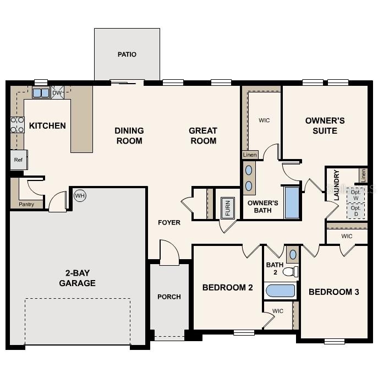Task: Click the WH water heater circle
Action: click(x=80, y=195)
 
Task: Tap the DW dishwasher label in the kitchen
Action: click(x=57, y=92)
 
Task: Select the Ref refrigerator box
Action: click(x=18, y=160)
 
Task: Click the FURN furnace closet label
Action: click(x=226, y=208)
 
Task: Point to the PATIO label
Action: click(x=127, y=54)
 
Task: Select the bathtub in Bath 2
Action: click(x=280, y=289)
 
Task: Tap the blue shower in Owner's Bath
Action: click(x=291, y=203)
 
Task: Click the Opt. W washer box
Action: click(x=355, y=194)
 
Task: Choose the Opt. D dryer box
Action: click(x=355, y=211)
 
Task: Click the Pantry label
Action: click(x=26, y=204)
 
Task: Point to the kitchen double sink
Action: click(x=41, y=92)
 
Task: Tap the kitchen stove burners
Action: click(x=17, y=125)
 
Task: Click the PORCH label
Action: click(x=169, y=297)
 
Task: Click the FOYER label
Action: click(x=169, y=222)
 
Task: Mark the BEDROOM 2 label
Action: click(x=227, y=287)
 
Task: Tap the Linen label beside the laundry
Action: click(x=363, y=175)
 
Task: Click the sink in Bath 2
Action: click(x=292, y=254)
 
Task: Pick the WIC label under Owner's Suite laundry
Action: click(x=347, y=236)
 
